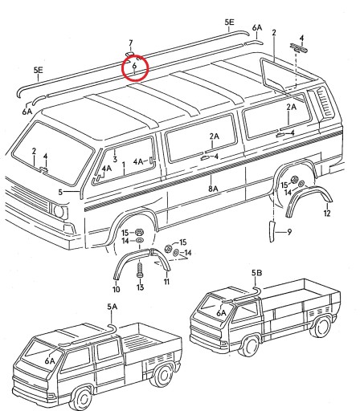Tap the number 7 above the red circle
131,42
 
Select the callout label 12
326,214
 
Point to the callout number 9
289,232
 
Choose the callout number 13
140,287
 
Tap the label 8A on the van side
213,189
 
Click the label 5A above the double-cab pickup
111,307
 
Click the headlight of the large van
59,211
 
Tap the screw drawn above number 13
140,269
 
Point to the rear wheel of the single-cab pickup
321,328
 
